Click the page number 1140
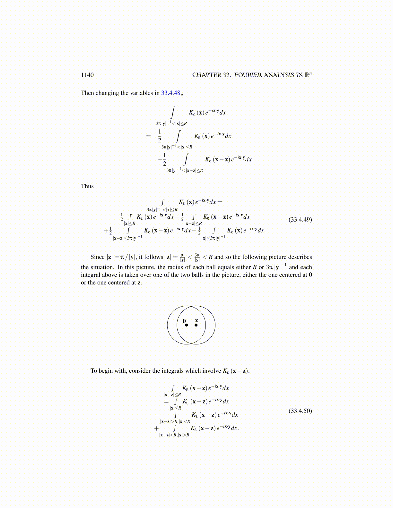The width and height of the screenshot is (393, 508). coord(87,75)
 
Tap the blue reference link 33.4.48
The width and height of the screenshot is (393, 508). coord(170,93)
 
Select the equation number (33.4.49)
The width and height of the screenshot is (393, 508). coord(300,220)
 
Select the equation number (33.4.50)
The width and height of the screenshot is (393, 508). coord(300,411)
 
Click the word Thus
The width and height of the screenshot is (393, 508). coord(87,186)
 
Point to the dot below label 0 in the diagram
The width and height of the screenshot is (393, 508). coord(186,325)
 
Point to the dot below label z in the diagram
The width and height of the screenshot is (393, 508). coord(196,325)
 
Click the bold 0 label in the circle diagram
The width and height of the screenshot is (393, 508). coord(184,321)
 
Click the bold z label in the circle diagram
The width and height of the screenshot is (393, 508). coord(196,320)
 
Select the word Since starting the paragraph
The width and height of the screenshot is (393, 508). coord(98,257)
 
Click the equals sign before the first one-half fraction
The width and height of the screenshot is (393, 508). coord(148,136)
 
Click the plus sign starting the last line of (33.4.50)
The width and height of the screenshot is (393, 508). coord(156,428)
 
